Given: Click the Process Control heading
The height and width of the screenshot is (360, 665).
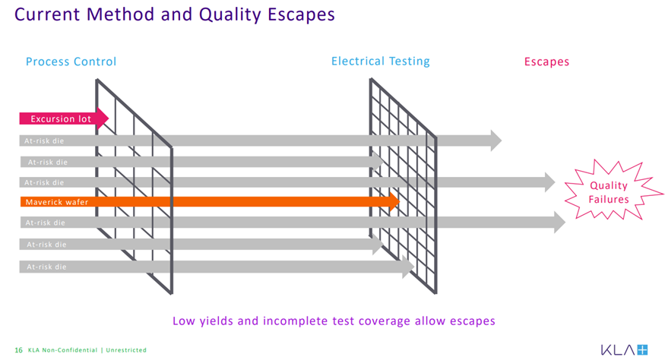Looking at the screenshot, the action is [71, 62].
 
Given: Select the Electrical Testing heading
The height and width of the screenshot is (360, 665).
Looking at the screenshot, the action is [381, 62].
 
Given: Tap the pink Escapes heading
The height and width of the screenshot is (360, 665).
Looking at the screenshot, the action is [546, 62].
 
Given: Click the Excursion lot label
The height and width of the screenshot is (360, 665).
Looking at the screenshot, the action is [61, 119].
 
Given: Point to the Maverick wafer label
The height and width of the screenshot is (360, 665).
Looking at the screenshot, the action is [57, 202].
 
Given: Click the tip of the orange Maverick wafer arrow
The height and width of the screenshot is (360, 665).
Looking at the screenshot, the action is [400, 201].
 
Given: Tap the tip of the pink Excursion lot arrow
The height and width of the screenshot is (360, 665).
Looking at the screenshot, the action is [109, 118].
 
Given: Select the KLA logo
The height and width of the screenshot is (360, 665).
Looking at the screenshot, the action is [624, 350].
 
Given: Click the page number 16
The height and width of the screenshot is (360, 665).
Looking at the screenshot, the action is [19, 350].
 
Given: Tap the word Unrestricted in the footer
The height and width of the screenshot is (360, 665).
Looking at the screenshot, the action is [126, 350].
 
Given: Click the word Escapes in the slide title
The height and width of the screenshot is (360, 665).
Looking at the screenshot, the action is [301, 14].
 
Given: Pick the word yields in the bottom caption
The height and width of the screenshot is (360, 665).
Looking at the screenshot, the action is [217, 321].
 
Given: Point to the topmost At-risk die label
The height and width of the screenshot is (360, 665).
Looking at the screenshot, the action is [44, 141].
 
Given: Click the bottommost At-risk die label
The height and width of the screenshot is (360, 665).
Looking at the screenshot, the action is [46, 267].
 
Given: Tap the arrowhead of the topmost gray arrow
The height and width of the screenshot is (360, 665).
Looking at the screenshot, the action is [496, 141].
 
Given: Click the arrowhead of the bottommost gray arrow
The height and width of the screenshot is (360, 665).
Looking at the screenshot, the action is [408, 267].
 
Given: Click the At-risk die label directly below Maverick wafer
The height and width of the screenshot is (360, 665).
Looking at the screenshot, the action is [46, 223].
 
